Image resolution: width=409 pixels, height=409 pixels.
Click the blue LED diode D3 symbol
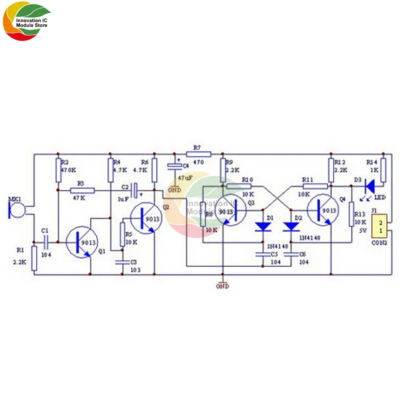(x=369, y=186)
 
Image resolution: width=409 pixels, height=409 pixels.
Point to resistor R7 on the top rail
(x=198, y=154)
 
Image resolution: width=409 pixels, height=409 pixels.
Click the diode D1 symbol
(x=262, y=226)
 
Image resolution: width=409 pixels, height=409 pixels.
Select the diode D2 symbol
(x=291, y=226)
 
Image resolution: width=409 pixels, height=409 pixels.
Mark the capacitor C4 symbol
(x=175, y=166)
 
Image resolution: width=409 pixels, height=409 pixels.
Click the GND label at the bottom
(x=222, y=286)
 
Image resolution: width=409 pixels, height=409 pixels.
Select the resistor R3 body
(x=82, y=190)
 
